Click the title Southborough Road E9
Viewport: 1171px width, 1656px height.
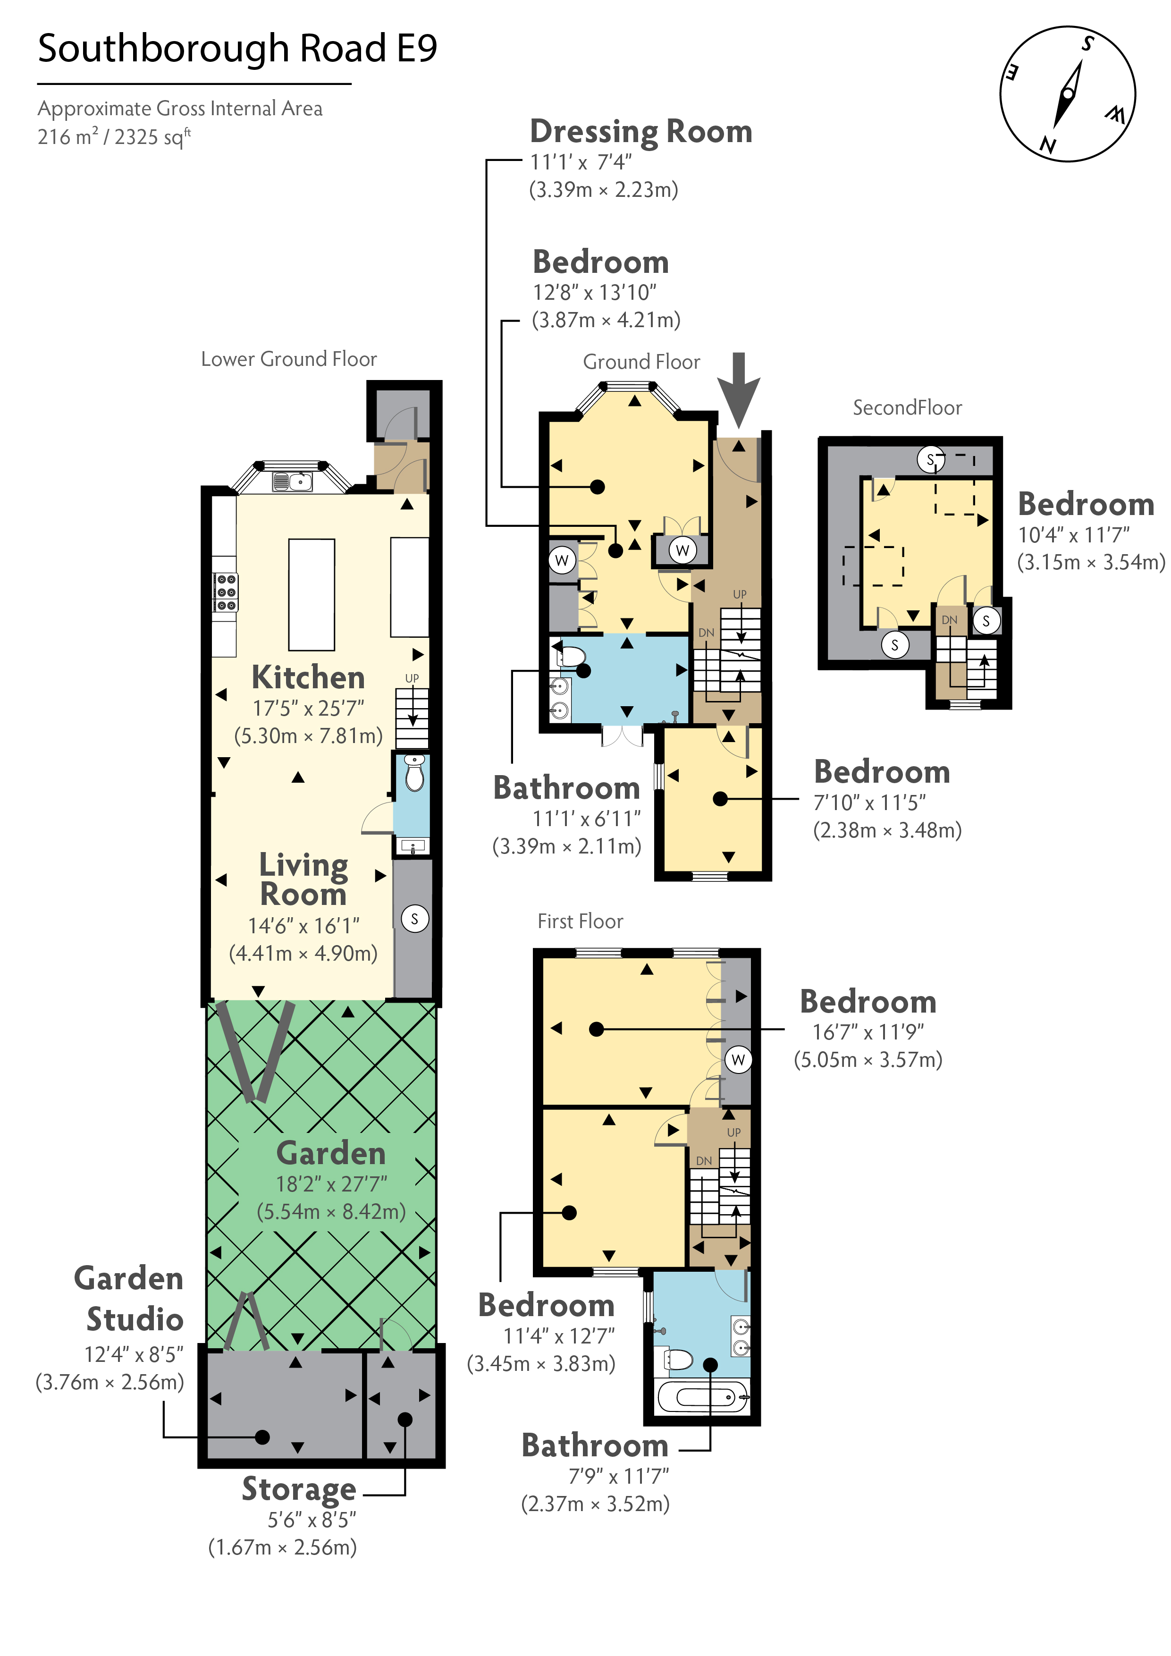[x=237, y=49]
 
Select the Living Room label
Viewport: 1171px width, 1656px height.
[x=303, y=879]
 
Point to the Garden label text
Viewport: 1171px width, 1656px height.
[x=331, y=1153]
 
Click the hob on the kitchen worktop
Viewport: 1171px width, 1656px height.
[x=226, y=592]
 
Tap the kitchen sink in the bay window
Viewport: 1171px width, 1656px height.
[x=293, y=481]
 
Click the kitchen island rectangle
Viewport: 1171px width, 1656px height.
[x=312, y=595]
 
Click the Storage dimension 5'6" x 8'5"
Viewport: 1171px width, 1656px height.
[x=312, y=1520]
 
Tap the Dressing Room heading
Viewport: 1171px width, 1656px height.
[x=640, y=131]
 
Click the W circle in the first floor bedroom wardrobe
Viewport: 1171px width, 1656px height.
[x=738, y=1059]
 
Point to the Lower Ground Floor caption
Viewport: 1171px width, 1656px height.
[x=288, y=359]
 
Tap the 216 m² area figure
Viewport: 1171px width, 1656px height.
[x=68, y=136]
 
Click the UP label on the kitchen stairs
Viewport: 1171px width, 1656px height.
[x=412, y=678]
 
